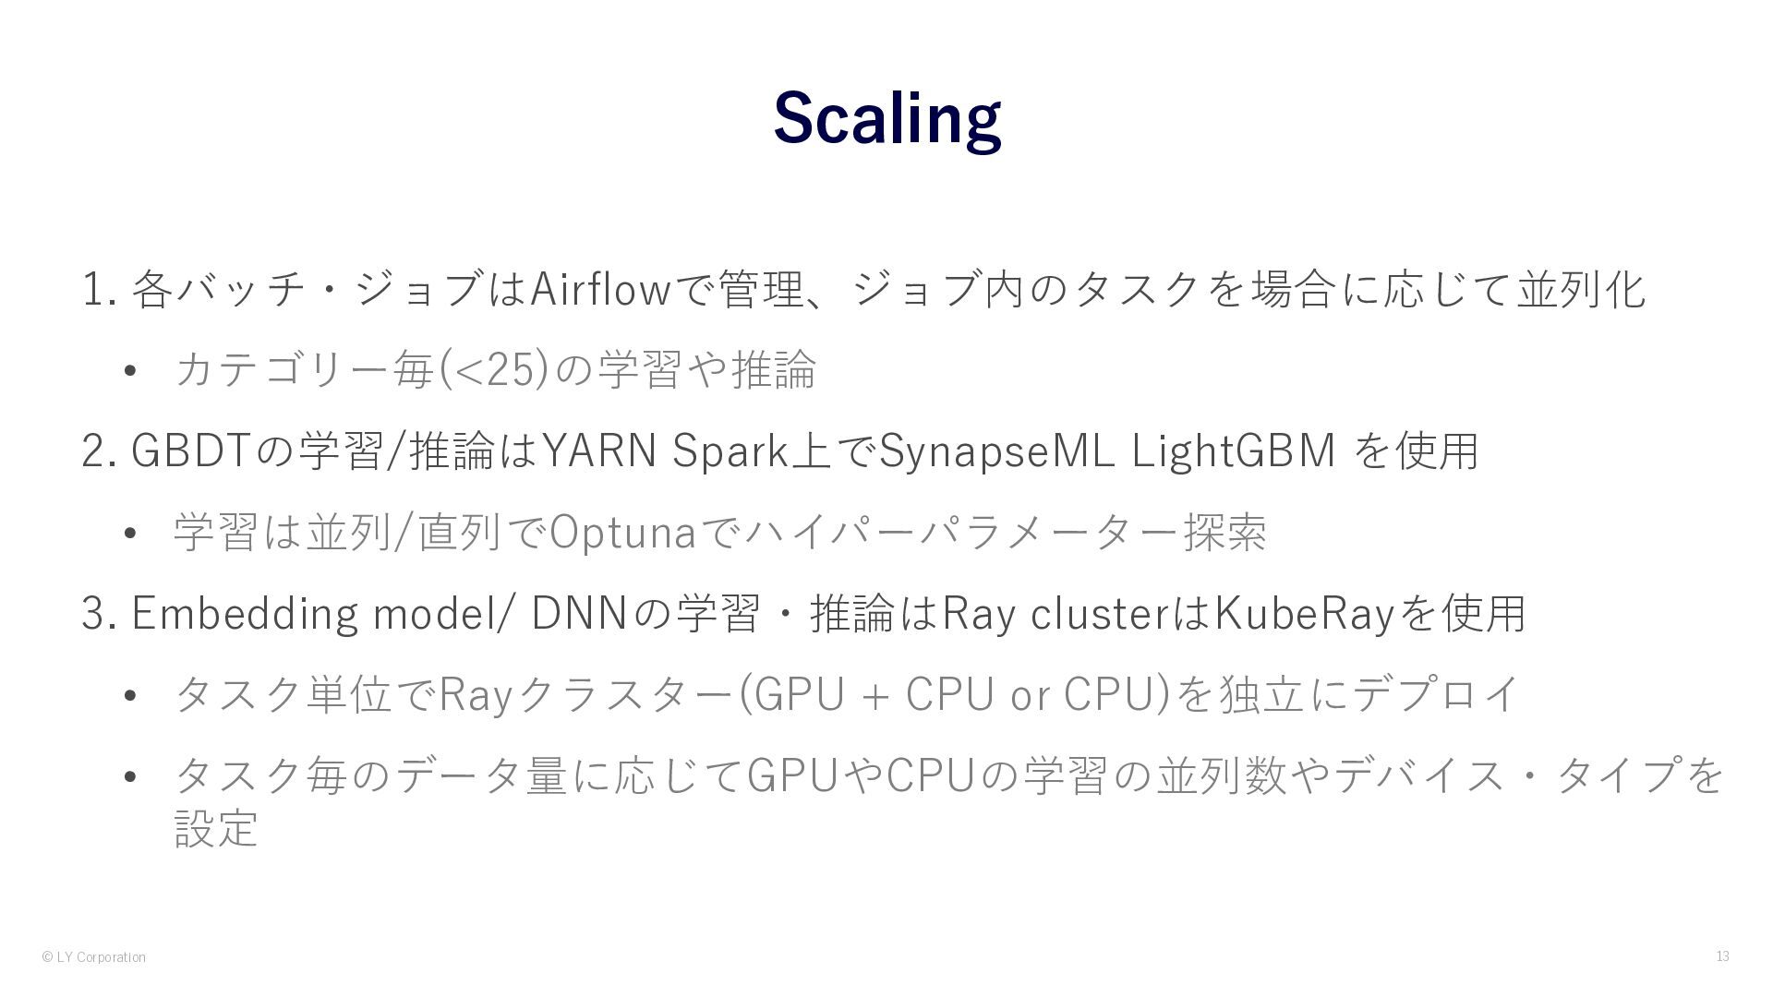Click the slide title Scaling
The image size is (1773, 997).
point(886,118)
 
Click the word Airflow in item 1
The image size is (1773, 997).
point(599,289)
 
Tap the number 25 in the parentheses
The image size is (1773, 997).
point(510,369)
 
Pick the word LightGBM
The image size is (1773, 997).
point(1234,450)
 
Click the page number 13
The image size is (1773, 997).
point(1722,956)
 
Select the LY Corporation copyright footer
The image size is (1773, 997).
point(93,957)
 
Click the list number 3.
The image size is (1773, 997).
point(94,614)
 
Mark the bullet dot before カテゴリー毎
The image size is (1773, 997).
point(129,371)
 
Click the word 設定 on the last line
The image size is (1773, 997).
point(215,827)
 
